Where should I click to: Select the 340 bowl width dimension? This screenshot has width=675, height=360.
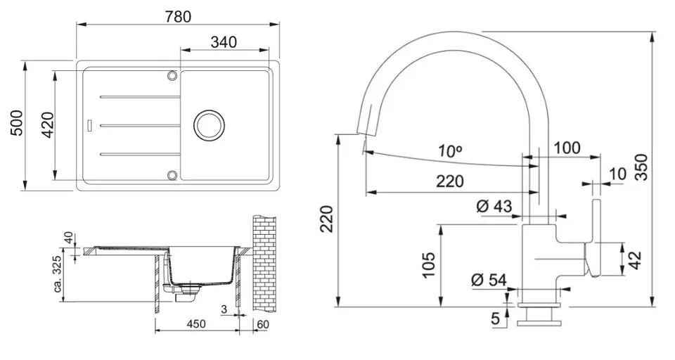pos(223,42)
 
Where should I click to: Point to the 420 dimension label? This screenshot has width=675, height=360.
pos(47,124)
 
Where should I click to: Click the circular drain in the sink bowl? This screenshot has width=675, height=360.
pos(208,124)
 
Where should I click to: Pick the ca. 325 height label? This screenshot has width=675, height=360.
pos(58,274)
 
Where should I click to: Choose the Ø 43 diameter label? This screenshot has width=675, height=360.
pos(494,207)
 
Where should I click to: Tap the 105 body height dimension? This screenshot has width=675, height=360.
pos(429,264)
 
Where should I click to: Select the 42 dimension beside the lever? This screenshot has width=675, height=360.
pos(635,258)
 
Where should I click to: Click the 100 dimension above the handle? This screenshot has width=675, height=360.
pos(566,148)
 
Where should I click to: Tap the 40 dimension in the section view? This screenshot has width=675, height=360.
pos(69,237)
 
